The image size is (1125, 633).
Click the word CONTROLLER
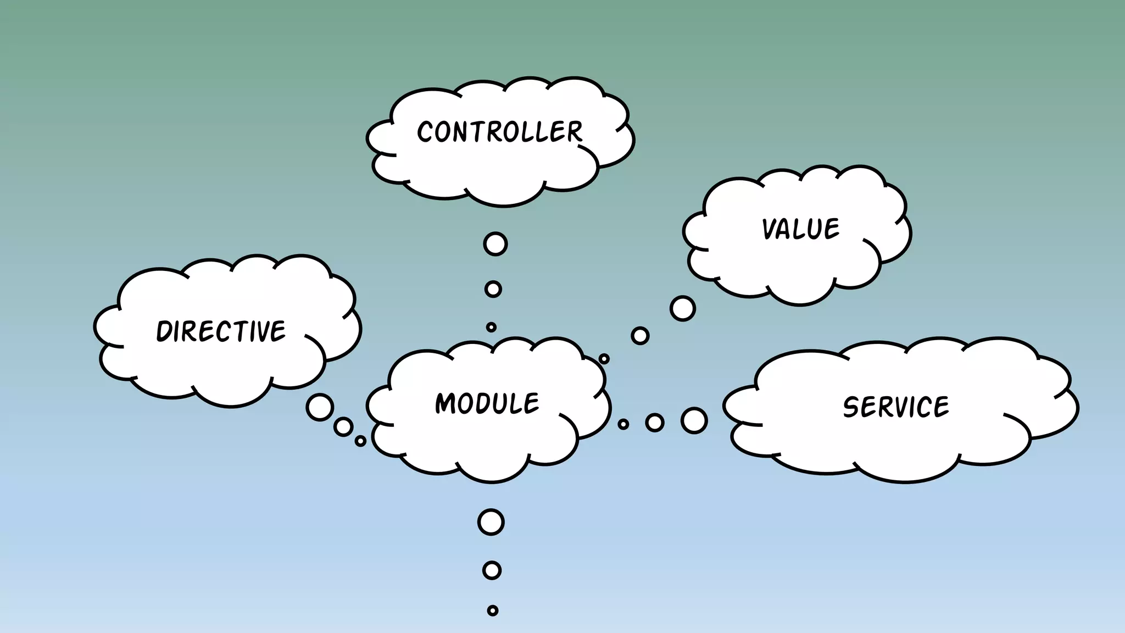[x=499, y=132]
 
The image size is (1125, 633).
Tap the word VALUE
[x=801, y=229]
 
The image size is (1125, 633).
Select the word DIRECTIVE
[x=221, y=331]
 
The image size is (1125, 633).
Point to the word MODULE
[x=487, y=403]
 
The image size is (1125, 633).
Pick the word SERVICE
[x=896, y=407]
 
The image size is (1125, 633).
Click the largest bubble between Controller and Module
[x=495, y=244]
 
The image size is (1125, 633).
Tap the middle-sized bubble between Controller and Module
[x=493, y=289]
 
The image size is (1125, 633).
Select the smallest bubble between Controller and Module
[x=491, y=327]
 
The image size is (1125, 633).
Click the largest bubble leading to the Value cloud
[x=683, y=308]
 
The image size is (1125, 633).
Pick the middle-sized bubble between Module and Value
[x=640, y=336]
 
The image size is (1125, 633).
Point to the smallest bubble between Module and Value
[x=604, y=359]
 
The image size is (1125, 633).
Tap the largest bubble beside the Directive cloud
[x=320, y=407]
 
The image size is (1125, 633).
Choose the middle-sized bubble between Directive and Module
[x=343, y=426]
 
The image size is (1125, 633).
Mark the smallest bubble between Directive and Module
[x=360, y=441]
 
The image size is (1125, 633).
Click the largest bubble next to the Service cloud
[x=694, y=421]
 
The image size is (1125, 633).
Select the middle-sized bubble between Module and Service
[x=655, y=423]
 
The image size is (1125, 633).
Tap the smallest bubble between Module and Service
[x=623, y=424]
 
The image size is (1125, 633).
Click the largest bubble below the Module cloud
[x=491, y=522]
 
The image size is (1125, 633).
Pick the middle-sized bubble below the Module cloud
[x=492, y=570]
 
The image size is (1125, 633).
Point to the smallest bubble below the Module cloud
[x=493, y=610]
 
